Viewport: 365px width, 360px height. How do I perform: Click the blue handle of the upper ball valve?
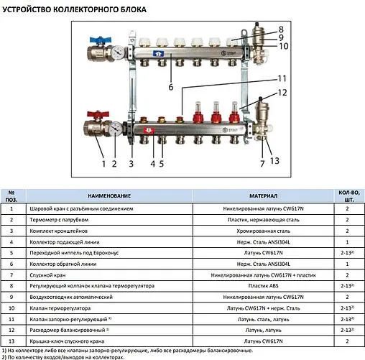(97, 41)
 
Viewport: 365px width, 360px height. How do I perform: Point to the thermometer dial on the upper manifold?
(116, 53)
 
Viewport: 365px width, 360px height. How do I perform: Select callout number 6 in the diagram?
(170, 87)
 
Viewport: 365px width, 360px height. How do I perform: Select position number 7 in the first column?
(11, 274)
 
